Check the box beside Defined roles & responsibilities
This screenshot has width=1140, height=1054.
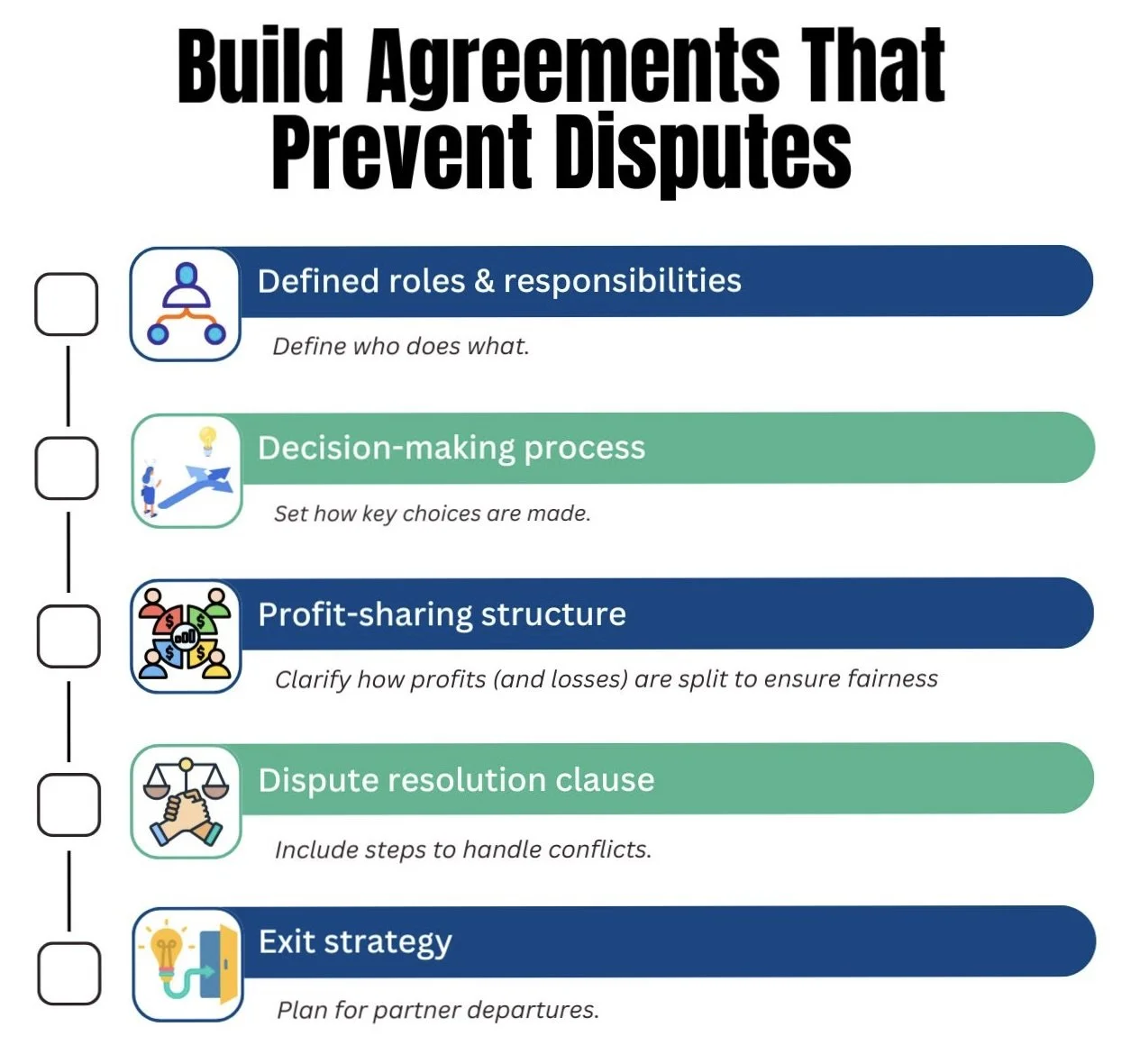click(x=67, y=304)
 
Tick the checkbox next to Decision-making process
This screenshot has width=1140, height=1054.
click(x=67, y=468)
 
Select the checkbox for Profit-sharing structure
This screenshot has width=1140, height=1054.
click(x=68, y=636)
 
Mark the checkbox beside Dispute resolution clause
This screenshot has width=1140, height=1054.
click(x=68, y=804)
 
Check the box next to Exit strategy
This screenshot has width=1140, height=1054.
click(x=69, y=973)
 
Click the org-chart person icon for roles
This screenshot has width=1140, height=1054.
click(x=186, y=304)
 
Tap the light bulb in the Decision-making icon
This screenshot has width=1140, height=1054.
click(x=208, y=440)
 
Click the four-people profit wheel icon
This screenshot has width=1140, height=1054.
click(x=187, y=636)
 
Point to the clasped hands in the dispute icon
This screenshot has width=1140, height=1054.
click(x=186, y=814)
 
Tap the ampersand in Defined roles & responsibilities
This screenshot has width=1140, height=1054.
click(x=484, y=281)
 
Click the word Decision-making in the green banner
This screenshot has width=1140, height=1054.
click(x=387, y=448)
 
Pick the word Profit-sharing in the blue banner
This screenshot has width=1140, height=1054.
click(x=364, y=614)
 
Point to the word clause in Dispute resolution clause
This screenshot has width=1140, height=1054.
click(x=605, y=780)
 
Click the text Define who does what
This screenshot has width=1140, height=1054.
click(x=401, y=347)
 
